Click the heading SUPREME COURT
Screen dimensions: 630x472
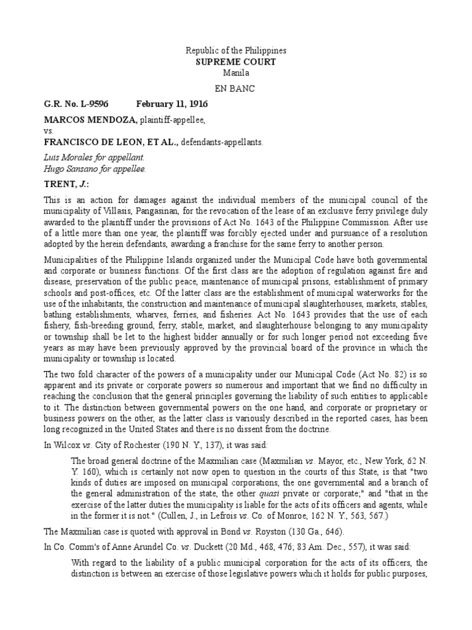tap(236, 62)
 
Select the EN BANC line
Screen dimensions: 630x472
tap(236, 89)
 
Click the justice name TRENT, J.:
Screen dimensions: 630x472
tap(63, 183)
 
